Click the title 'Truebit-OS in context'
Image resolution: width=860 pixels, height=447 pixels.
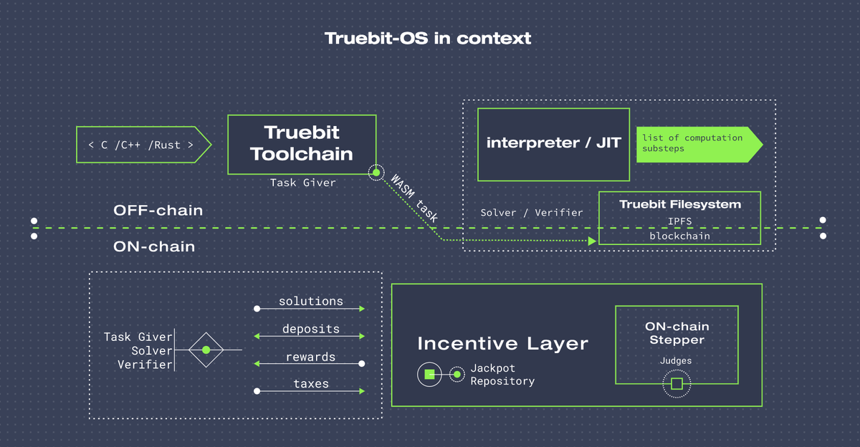[428, 39]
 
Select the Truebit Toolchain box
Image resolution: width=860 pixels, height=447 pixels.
[302, 145]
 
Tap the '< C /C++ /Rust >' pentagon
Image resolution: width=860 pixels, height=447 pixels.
[143, 145]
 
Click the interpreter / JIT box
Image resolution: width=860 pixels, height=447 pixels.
[553, 144]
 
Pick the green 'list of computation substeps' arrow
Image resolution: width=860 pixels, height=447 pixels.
[699, 145]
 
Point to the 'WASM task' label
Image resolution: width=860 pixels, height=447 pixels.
[414, 198]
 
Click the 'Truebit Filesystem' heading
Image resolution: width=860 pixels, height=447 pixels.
[680, 204]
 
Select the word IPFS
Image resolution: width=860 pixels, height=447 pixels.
[679, 221]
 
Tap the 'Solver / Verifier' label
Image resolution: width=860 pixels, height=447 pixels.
[532, 213]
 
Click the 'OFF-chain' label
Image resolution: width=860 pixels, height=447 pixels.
[158, 211]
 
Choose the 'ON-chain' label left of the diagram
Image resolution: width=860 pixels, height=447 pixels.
[154, 246]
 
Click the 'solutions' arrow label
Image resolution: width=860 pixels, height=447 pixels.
[311, 301]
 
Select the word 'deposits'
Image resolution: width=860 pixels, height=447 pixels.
[311, 329]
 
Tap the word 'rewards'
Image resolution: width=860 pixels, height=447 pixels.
[310, 357]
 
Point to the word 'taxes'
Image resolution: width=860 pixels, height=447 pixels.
[311, 384]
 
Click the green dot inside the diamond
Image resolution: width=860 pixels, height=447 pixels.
[206, 350]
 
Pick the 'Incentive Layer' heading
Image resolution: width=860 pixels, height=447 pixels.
[502, 343]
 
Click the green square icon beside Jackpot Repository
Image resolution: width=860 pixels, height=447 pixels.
[429, 374]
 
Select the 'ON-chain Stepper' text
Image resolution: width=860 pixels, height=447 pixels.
[677, 333]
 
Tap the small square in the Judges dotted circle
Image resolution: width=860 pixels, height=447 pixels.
[677, 384]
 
